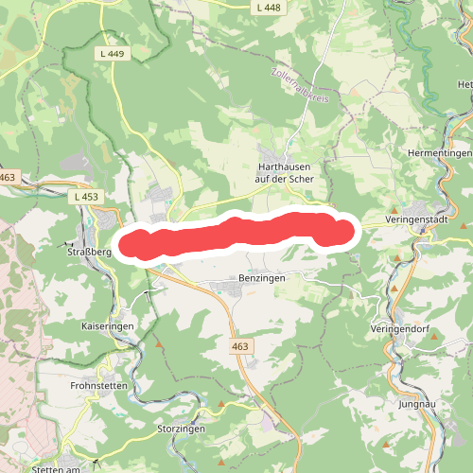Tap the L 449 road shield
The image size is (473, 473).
coord(111,54)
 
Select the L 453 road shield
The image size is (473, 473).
coord(84,197)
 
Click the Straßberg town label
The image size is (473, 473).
coord(84,253)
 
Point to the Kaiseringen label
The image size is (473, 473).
coord(109,324)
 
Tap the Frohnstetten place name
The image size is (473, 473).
coord(98,386)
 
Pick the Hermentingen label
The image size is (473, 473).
coord(438,153)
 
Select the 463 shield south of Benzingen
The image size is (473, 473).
coord(239,347)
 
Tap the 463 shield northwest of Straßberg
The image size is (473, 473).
coord(9,177)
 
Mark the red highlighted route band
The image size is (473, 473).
coord(236,234)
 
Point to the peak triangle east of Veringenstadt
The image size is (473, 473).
coord(464,227)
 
